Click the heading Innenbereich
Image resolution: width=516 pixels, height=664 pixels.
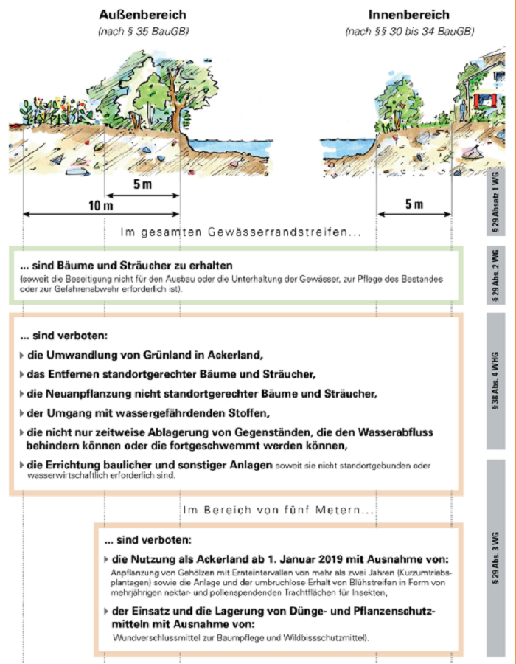point(409,15)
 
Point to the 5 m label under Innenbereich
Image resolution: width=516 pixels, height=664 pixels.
point(414,204)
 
